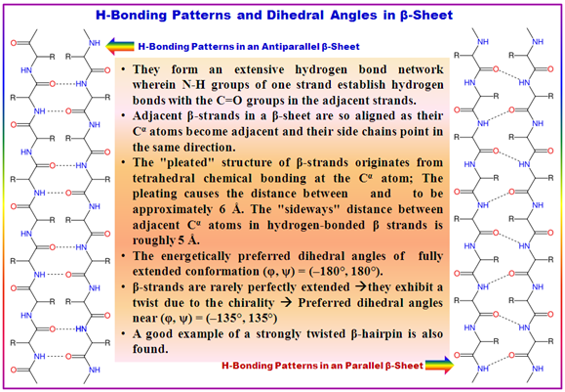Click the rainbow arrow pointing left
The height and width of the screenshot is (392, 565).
point(120,46)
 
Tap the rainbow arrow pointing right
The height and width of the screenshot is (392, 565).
point(439,366)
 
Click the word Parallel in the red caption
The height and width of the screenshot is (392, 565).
point(364,366)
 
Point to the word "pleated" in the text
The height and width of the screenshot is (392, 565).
point(184,162)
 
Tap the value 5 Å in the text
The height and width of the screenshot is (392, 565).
point(187,240)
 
